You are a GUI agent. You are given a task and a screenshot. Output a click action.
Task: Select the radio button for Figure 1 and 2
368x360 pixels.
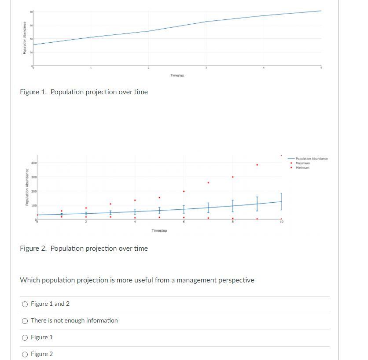[25, 304]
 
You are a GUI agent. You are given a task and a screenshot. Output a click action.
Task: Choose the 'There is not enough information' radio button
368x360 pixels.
[25, 321]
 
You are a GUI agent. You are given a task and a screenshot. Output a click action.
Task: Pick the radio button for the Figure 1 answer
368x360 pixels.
[25, 338]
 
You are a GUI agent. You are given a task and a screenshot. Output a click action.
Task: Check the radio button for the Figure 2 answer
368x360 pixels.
[25, 354]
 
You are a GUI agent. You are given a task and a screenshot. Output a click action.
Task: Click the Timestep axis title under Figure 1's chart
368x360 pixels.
[177, 76]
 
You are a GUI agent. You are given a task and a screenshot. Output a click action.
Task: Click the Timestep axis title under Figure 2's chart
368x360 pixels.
[159, 230]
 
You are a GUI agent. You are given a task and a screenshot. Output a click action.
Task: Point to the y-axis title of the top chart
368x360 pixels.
[25, 38]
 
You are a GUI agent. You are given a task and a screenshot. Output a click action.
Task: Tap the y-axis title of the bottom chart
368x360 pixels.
[27, 188]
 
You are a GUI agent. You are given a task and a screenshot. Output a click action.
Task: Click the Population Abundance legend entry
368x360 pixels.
[312, 159]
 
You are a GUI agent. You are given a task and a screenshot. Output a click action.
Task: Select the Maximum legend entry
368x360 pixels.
[303, 163]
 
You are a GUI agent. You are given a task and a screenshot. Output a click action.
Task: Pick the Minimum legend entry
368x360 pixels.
[302, 167]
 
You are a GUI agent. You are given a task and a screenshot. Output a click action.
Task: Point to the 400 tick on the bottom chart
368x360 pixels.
[34, 163]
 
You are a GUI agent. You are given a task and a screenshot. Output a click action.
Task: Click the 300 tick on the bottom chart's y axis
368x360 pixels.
[34, 177]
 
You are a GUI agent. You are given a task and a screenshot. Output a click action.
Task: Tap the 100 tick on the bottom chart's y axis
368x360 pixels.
[34, 206]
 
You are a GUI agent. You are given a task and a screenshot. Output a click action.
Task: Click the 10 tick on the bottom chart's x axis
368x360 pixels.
[281, 222]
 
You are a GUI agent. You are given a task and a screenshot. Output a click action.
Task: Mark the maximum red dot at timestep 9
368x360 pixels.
[257, 165]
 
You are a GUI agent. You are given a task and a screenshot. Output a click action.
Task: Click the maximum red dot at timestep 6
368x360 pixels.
[184, 191]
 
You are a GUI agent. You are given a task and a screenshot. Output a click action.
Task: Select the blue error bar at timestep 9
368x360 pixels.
[257, 204]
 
